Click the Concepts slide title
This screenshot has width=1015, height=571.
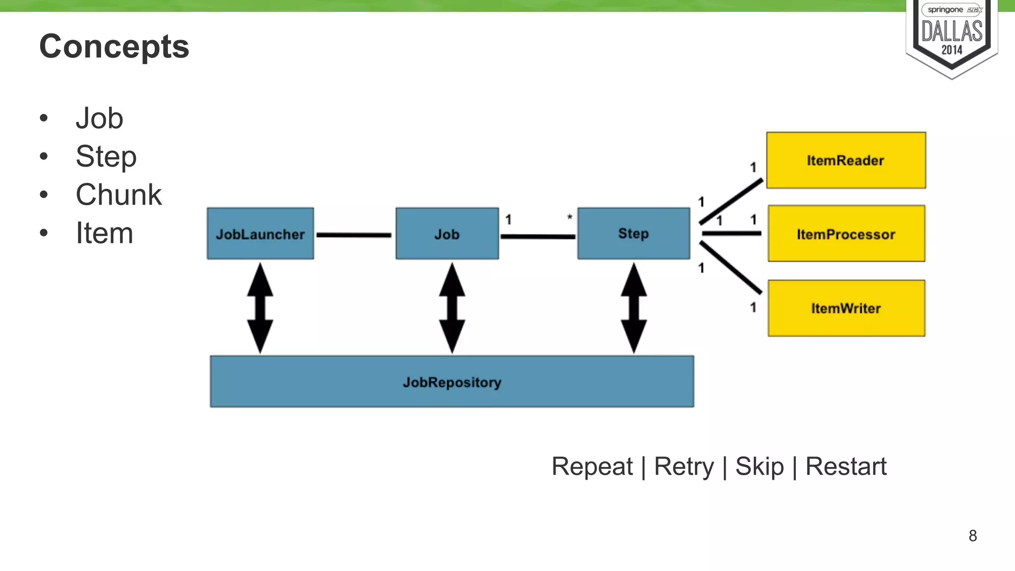point(114,47)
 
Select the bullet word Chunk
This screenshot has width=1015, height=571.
point(118,194)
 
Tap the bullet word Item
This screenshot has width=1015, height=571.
point(104,233)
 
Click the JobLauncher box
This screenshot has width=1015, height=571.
point(260,233)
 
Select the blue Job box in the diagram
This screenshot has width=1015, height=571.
point(447,233)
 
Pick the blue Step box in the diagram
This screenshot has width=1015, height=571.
point(633,233)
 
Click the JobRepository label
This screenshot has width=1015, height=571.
point(452,382)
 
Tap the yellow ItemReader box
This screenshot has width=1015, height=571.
point(846,160)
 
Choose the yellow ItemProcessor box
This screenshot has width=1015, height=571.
point(846,233)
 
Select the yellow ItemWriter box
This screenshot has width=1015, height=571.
point(846,308)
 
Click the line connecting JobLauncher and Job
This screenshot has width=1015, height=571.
point(354,235)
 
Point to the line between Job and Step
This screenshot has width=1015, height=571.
point(538,236)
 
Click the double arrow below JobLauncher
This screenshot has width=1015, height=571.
point(260,308)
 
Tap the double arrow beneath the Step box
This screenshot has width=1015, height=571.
point(633,308)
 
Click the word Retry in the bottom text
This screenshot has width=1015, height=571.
point(684,466)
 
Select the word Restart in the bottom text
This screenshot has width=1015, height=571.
point(846,466)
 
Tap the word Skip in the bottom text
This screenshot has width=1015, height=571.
point(759,466)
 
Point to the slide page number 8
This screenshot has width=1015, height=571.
point(972,536)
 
